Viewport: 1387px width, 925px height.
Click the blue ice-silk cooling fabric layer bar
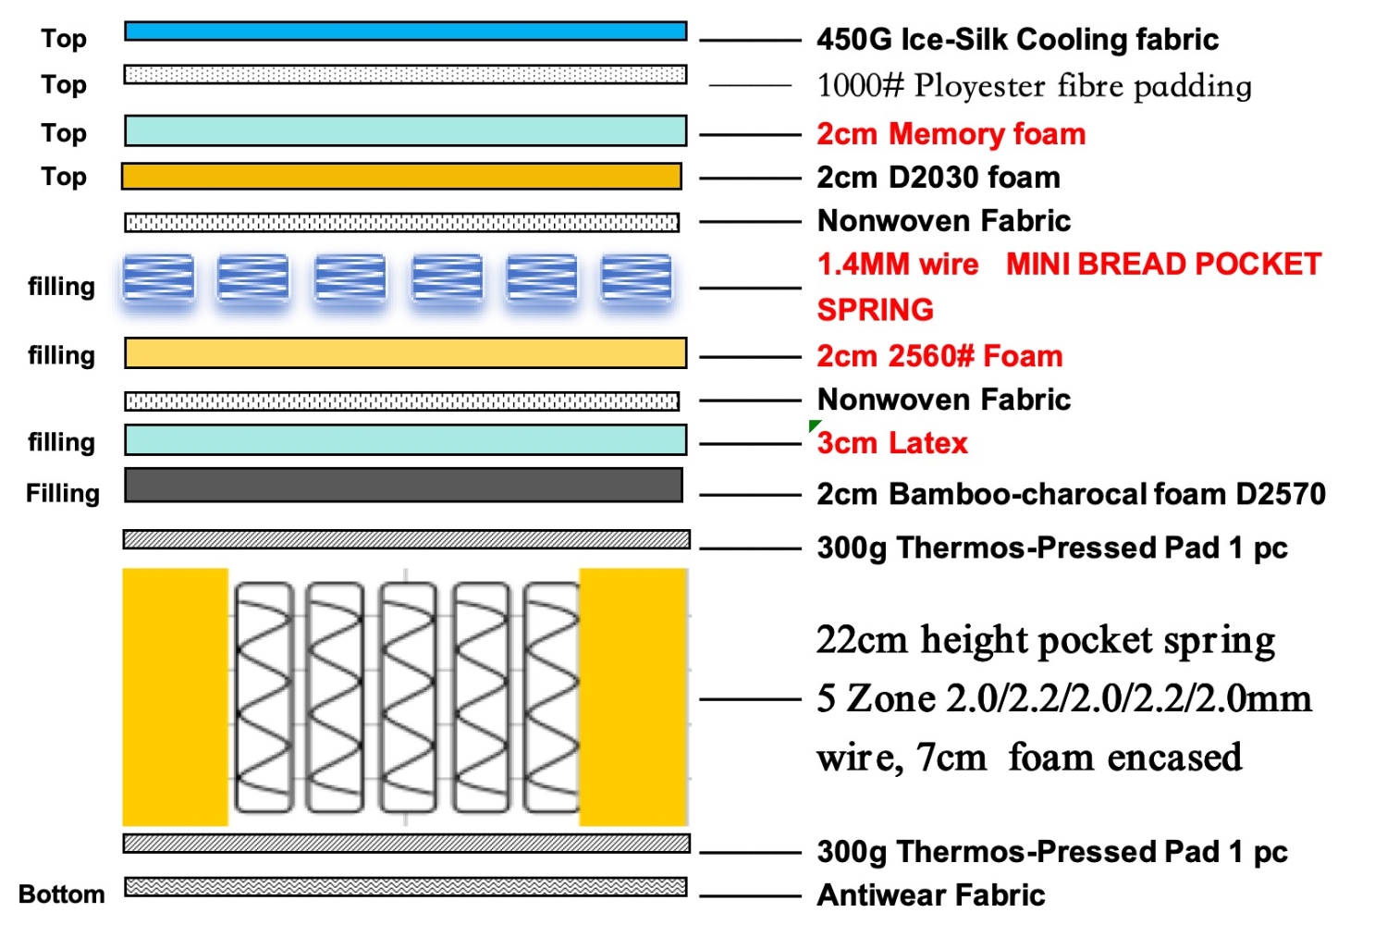click(406, 31)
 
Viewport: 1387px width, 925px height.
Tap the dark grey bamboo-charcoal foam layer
click(404, 485)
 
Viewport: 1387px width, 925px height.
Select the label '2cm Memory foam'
click(951, 134)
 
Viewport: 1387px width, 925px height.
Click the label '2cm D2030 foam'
click(939, 178)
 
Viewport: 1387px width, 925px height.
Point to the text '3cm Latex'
click(891, 443)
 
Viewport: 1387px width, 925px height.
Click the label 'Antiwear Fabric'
click(930, 894)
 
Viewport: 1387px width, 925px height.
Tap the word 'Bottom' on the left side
click(62, 894)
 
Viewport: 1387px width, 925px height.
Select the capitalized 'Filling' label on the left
click(63, 493)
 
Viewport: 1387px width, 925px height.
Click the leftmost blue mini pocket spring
click(158, 278)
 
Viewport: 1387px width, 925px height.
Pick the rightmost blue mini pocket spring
click(636, 278)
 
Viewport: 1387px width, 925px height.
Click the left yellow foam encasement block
click(176, 697)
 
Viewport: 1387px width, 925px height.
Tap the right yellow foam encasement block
click(633, 697)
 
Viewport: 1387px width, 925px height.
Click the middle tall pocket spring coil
click(408, 697)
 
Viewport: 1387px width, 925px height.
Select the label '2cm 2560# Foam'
click(939, 356)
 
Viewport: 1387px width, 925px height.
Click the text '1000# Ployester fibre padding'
click(1034, 85)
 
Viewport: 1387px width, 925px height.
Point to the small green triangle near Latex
click(813, 425)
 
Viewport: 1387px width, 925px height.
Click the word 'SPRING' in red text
click(875, 310)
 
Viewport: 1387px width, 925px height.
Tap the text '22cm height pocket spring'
click(1045, 641)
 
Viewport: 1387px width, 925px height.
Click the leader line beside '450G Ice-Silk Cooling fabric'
click(751, 41)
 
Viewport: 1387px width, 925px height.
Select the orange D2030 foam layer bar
click(402, 177)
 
